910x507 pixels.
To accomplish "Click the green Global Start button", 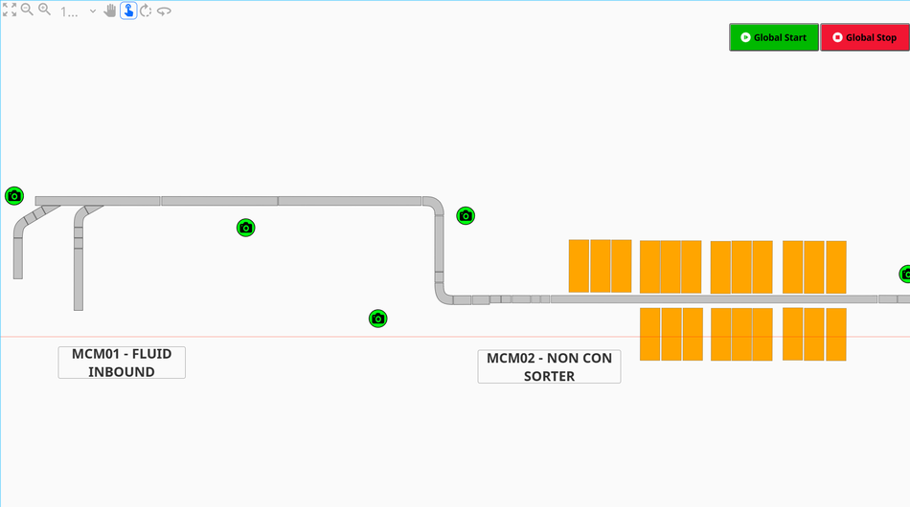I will pyautogui.click(x=774, y=37).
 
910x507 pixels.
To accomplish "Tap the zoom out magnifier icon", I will pyautogui.click(x=27, y=10).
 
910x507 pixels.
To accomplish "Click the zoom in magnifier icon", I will pyautogui.click(x=44, y=10).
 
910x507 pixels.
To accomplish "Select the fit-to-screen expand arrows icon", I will pyautogui.click(x=10, y=10).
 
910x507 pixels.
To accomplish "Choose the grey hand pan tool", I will pyautogui.click(x=110, y=11).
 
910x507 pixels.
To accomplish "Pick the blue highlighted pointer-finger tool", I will pyautogui.click(x=128, y=11).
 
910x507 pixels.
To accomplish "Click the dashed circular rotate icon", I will pyautogui.click(x=146, y=11).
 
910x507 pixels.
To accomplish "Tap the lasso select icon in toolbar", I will pyautogui.click(x=164, y=11).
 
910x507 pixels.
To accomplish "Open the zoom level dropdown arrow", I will pyautogui.click(x=93, y=11).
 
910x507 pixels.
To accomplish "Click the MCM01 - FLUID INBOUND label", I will pyautogui.click(x=122, y=363).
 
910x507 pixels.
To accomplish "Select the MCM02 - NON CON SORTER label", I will pyautogui.click(x=549, y=366).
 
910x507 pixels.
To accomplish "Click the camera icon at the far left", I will pyautogui.click(x=13, y=196).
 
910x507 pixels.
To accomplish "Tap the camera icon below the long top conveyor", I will pyautogui.click(x=246, y=228).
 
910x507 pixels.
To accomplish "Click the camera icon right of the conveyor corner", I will pyautogui.click(x=466, y=216).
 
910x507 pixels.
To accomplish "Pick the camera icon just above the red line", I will pyautogui.click(x=378, y=319).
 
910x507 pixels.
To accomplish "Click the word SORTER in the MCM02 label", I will pyautogui.click(x=549, y=376).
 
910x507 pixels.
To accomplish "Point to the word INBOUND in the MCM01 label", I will pyautogui.click(x=122, y=372).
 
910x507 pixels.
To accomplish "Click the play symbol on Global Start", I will pyautogui.click(x=744, y=37).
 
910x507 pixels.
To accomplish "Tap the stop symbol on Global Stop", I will pyautogui.click(x=837, y=37).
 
